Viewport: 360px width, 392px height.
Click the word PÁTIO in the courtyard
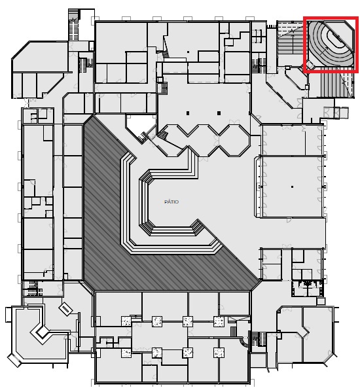coord(171,202)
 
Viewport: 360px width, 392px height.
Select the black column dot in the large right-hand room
coord(292,187)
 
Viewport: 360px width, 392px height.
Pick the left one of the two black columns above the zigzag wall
coord(188,113)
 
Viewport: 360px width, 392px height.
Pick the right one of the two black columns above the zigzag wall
coord(219,113)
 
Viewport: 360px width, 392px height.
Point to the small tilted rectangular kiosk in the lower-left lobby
coord(65,309)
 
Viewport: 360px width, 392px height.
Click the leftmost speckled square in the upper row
coord(126,321)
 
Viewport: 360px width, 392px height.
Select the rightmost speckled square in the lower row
coord(219,353)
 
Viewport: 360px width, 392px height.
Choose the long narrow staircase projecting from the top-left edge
coord(73,24)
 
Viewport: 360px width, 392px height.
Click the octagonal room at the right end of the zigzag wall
coord(234,141)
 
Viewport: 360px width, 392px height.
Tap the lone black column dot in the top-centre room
coord(188,52)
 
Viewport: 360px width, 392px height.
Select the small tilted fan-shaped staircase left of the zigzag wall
coord(163,135)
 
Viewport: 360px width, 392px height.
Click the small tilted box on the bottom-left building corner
coord(14,360)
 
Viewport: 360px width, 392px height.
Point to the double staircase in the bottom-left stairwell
coord(33,288)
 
